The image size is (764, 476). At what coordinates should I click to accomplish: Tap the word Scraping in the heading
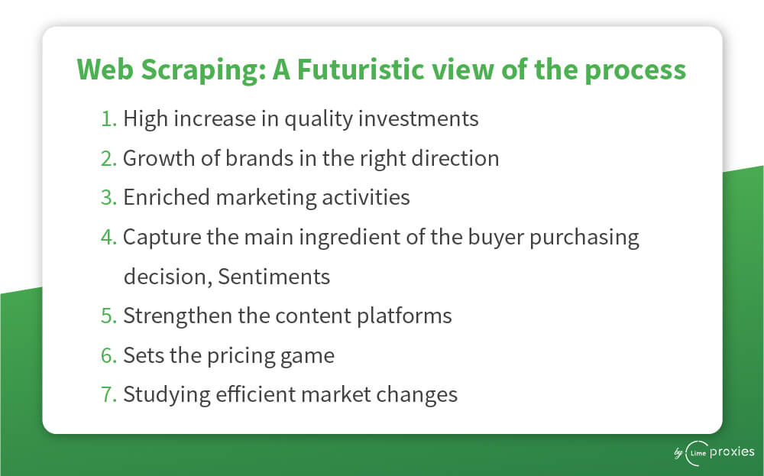(204, 70)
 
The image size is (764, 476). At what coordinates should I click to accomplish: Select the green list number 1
(108, 119)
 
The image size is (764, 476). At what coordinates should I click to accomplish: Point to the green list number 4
(108, 238)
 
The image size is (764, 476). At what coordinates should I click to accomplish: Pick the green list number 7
(108, 395)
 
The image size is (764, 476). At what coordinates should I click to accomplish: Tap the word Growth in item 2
(159, 158)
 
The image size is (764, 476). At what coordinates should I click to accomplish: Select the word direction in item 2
(455, 158)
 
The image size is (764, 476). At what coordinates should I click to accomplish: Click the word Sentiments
(274, 277)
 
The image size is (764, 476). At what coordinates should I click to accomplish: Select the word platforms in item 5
(404, 316)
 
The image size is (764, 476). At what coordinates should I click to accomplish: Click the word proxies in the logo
(732, 452)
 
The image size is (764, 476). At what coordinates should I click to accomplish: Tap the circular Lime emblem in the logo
(698, 453)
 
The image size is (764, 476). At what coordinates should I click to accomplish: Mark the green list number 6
(108, 355)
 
